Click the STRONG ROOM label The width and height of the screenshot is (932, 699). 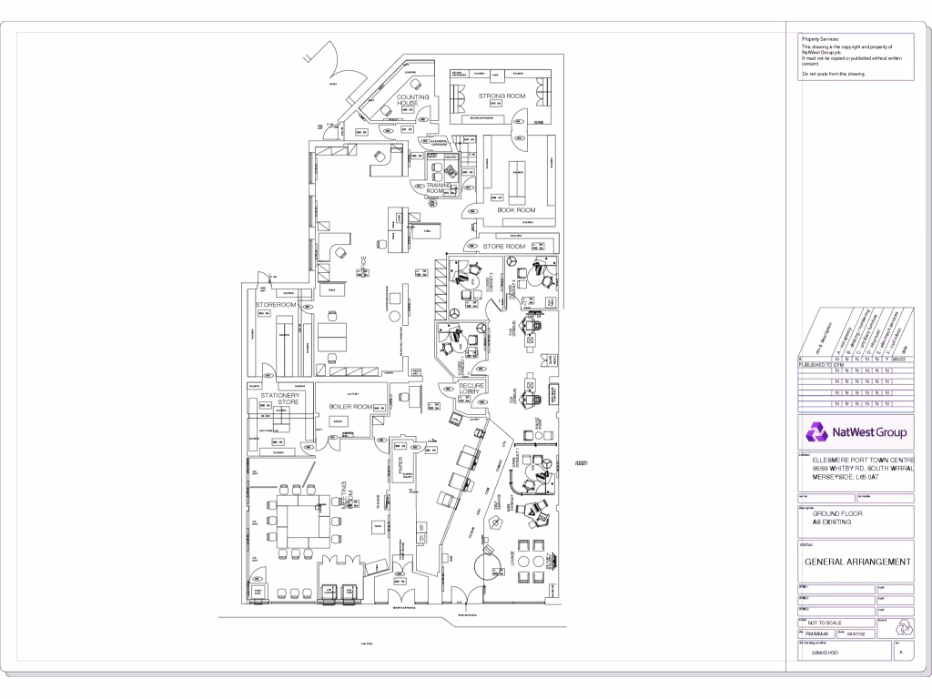pos(502,96)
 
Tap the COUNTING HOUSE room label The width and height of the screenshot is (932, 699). pos(412,99)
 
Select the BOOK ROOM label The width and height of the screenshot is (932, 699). pos(516,210)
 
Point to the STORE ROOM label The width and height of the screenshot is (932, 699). pos(504,247)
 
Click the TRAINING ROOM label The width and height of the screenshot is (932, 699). pos(439,187)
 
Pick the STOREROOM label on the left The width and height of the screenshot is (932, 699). pos(276,304)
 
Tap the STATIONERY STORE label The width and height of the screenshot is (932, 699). pos(279,400)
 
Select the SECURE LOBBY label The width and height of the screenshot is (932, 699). pos(471,390)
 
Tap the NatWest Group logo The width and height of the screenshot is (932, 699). pos(855,431)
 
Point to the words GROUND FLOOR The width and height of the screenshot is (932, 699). pos(837,513)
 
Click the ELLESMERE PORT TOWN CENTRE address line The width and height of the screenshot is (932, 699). pos(860,460)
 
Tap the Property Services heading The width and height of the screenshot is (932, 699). pos(819,39)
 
